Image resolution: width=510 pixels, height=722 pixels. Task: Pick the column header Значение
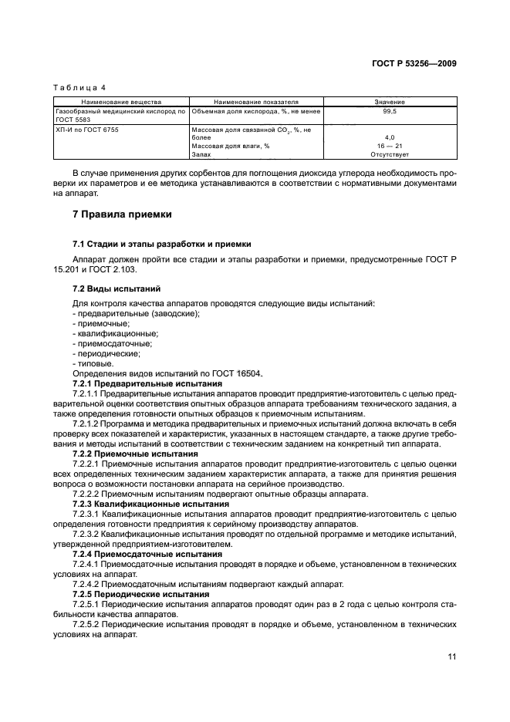tap(390, 102)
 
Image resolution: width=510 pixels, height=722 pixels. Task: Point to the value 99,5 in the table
tap(390, 112)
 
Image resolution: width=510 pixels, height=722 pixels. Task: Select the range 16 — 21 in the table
tap(390, 146)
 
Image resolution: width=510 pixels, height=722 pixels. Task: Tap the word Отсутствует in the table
tap(390, 154)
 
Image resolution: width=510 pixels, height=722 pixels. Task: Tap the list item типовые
tap(93, 363)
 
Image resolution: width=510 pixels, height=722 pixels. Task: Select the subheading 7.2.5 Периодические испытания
tap(140, 595)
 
